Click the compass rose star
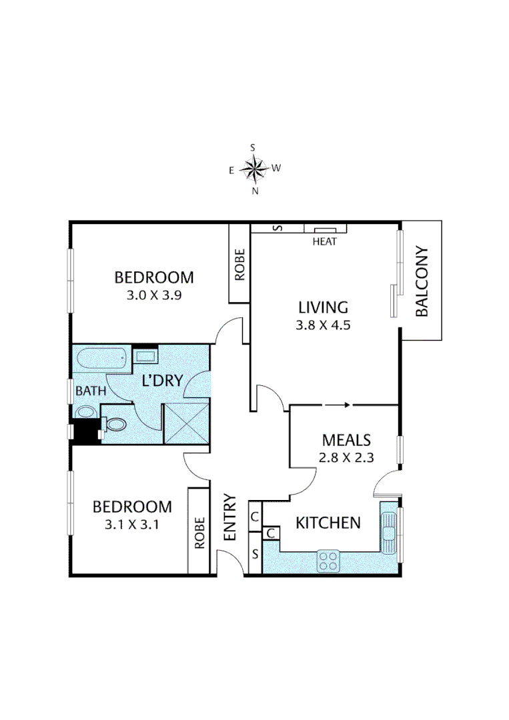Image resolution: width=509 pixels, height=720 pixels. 254,168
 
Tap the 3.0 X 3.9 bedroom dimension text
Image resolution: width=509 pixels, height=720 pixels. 154,295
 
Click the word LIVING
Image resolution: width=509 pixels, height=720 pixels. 323,307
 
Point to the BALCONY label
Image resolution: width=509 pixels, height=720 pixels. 422,281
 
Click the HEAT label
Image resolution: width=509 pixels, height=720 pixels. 325,241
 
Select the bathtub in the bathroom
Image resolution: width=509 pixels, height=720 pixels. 101,360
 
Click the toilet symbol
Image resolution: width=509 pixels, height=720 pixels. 114,424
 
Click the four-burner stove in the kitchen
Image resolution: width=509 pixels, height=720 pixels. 328,561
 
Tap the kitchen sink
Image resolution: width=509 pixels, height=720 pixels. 388,530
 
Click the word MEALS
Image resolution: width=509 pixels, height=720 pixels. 346,440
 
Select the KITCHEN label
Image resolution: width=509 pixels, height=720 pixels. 328,523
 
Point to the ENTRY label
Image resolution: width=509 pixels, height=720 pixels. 230,517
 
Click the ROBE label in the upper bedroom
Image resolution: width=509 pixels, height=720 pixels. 240,263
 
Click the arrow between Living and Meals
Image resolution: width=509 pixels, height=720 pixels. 337,404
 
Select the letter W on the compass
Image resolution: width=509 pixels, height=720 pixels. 276,168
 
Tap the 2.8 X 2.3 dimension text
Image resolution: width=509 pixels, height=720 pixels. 346,457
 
